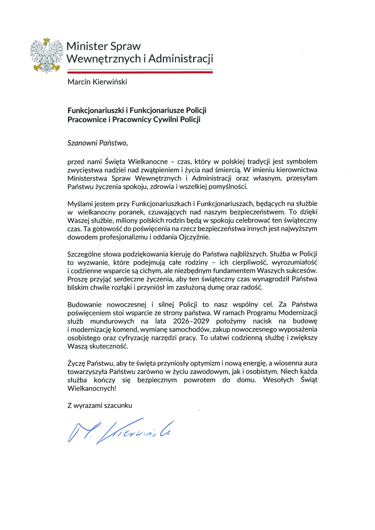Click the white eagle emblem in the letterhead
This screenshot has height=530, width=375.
coord(45,55)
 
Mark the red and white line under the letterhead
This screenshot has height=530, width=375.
coord(140,71)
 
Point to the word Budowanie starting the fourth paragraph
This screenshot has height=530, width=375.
coord(84,304)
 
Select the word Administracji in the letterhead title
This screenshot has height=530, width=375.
coord(182,59)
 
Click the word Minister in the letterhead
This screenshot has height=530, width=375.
coord(84,46)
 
